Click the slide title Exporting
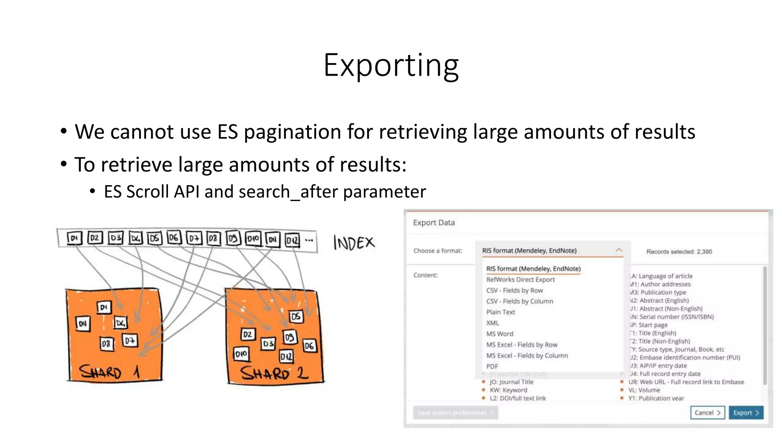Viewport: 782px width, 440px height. tap(391, 65)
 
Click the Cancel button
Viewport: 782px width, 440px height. tap(707, 412)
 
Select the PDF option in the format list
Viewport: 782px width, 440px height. tap(492, 366)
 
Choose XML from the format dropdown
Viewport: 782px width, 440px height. tap(493, 323)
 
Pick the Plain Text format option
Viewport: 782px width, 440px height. tap(501, 312)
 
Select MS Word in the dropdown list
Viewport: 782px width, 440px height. tap(500, 334)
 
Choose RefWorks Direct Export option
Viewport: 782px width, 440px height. tap(520, 280)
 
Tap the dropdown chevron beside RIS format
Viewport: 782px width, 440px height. tap(619, 250)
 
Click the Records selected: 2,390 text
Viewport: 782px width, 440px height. tap(679, 251)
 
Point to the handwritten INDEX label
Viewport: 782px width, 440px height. tap(354, 243)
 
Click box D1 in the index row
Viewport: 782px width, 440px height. tap(74, 238)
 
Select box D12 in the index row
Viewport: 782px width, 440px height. tap(292, 240)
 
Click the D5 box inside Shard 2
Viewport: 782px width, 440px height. tap(296, 317)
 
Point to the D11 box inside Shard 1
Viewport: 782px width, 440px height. tap(83, 324)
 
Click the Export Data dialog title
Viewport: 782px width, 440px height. tap(434, 223)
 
